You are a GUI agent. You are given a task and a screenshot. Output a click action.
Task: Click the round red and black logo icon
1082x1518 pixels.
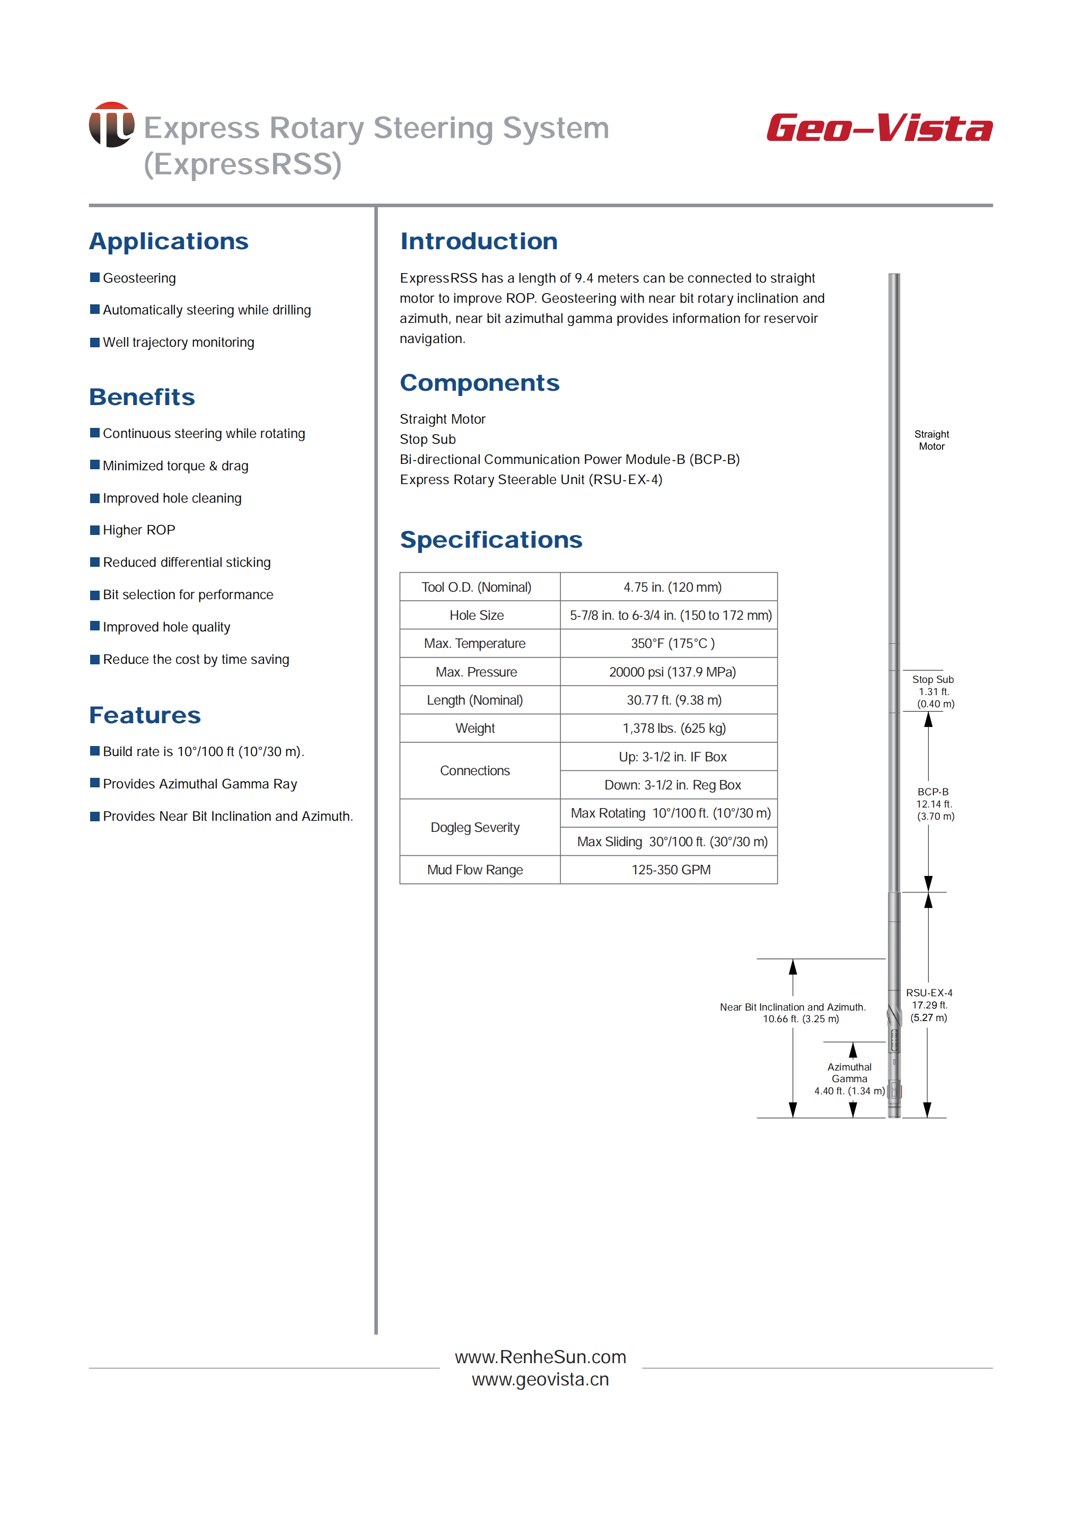click(111, 125)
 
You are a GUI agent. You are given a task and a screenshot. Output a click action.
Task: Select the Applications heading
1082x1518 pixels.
click(169, 241)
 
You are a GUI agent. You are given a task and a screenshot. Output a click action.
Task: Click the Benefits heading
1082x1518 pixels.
click(142, 397)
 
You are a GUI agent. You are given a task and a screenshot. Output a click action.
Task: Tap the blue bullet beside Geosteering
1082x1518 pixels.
click(94, 277)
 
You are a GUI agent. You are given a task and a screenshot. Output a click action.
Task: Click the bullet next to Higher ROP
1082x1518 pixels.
click(94, 530)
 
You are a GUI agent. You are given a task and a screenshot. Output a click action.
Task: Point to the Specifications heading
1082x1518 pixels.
click(491, 540)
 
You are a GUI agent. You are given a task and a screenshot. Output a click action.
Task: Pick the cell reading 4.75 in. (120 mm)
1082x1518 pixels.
click(672, 587)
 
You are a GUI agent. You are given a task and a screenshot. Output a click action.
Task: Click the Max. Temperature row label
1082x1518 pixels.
click(474, 644)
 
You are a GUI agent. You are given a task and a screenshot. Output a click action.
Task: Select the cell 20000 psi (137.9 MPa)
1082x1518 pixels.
click(672, 672)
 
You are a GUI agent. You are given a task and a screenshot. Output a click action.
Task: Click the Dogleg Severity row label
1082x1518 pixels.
click(474, 828)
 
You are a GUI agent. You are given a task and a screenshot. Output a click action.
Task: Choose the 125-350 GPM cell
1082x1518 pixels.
click(671, 870)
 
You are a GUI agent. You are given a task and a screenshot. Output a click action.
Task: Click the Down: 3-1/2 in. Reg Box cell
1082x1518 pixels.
click(672, 785)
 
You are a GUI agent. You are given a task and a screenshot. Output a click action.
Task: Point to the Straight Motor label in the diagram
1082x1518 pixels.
click(931, 440)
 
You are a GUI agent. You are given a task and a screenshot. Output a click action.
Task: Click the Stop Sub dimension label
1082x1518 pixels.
click(933, 691)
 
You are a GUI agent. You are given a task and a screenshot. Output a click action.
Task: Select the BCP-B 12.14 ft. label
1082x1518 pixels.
click(934, 804)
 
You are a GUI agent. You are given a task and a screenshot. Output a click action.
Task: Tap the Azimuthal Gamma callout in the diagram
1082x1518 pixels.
click(849, 1078)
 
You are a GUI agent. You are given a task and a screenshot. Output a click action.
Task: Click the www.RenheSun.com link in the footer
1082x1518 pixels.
click(540, 1357)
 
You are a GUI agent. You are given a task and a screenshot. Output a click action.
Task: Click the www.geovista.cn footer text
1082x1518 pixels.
click(540, 1380)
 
